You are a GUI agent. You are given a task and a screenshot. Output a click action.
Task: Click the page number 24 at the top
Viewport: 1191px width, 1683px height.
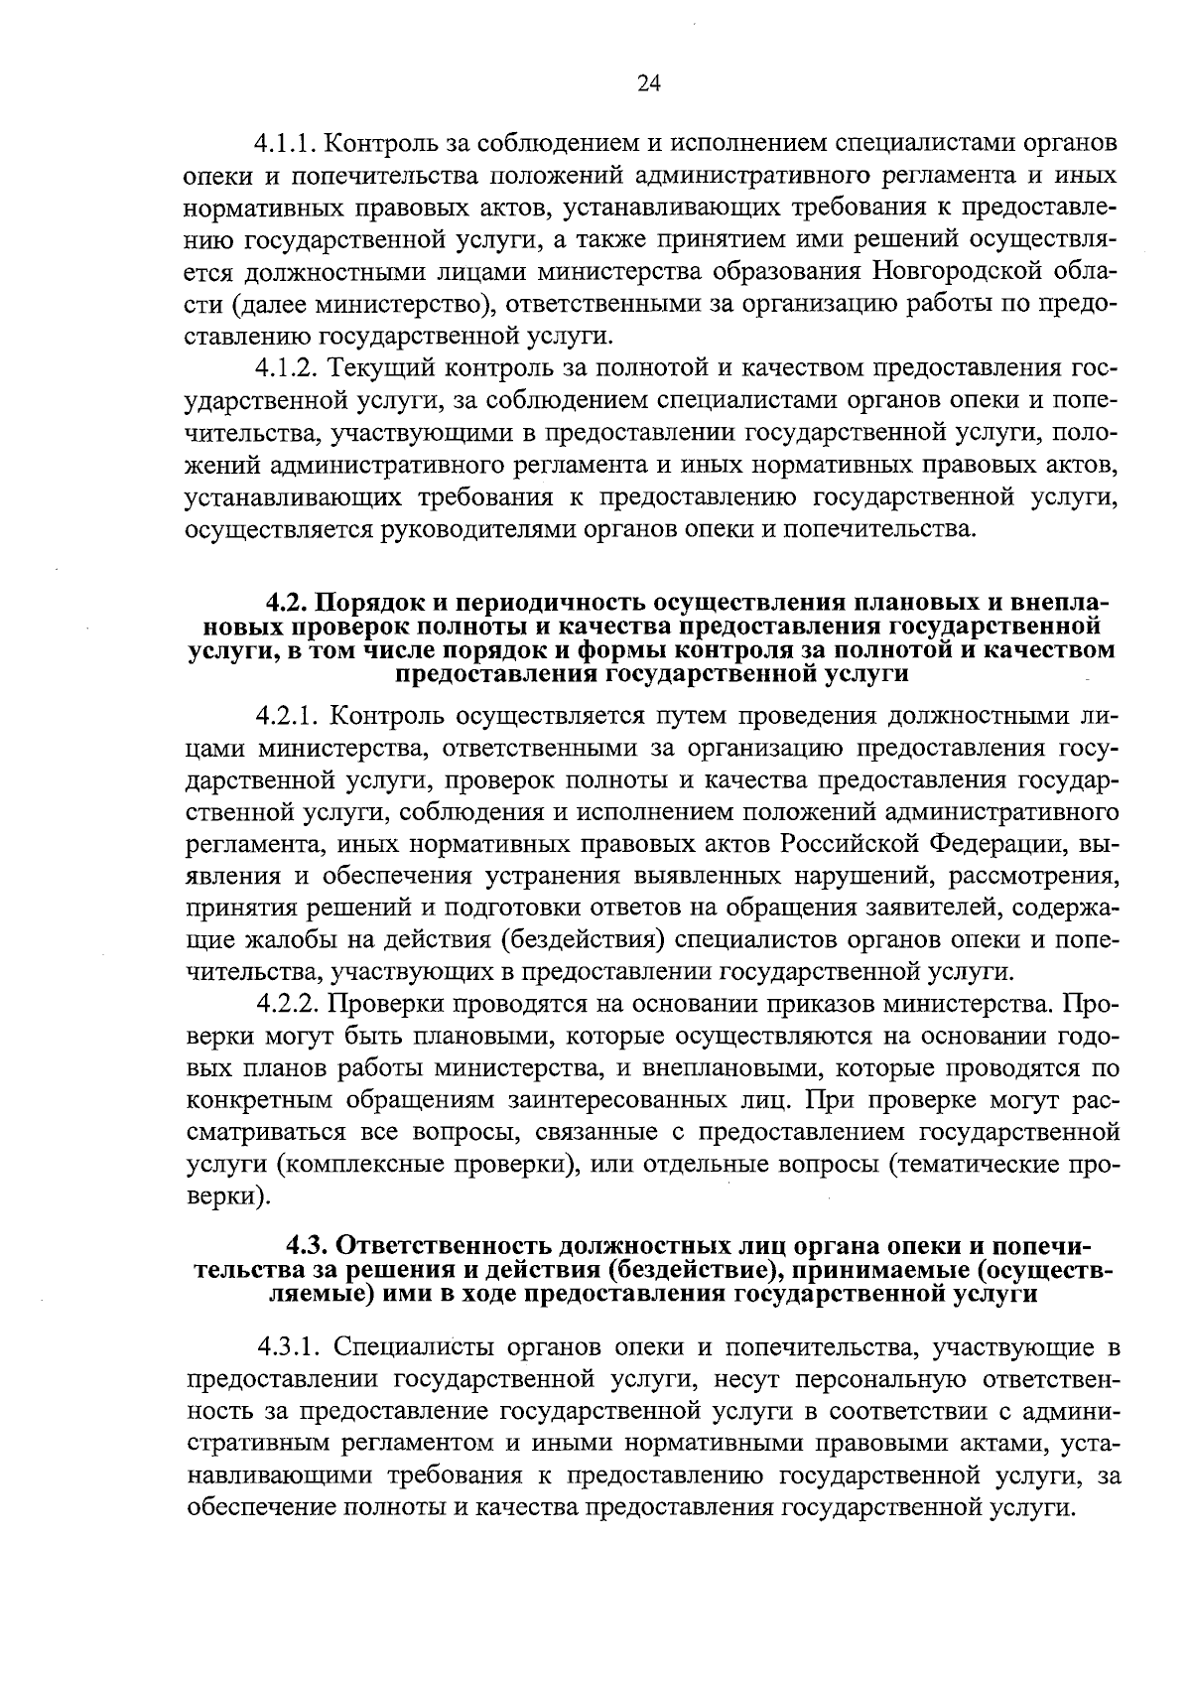tap(648, 83)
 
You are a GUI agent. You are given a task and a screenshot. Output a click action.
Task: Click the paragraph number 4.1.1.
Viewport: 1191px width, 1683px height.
tap(288, 143)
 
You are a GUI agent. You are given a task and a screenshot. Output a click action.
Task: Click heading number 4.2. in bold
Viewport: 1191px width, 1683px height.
tap(288, 603)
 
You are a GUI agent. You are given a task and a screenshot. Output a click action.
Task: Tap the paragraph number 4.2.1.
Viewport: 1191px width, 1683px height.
tap(288, 716)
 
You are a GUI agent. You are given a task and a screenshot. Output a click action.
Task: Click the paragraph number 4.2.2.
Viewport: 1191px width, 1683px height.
tap(288, 1004)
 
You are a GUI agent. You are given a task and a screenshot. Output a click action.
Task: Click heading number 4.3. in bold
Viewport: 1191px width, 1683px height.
tap(309, 1245)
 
